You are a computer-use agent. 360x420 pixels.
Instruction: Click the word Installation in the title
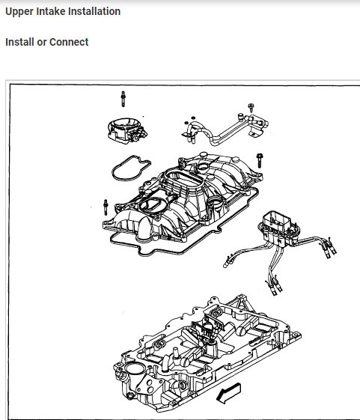[x=94, y=12]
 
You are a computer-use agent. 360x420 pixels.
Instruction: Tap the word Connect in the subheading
[x=69, y=42]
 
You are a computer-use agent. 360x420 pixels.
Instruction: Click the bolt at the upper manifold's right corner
[x=258, y=159]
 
